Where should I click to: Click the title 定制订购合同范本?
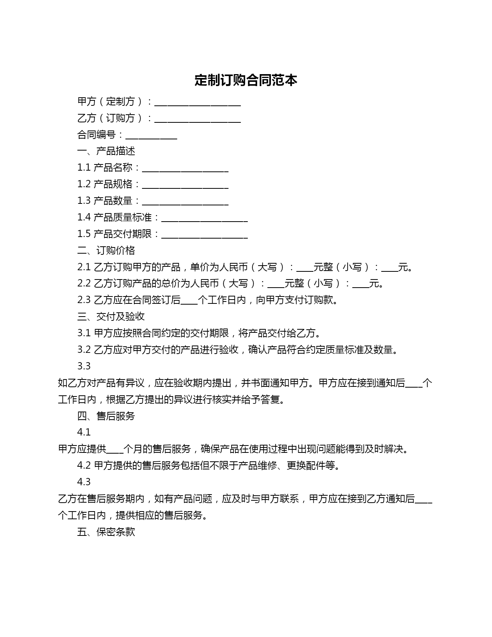tap(246, 80)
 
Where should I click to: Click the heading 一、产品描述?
tap(106, 151)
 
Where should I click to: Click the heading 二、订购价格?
tap(106, 251)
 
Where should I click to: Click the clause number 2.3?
tap(84, 300)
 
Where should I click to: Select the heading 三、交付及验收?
tap(111, 317)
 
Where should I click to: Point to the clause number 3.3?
tap(84, 366)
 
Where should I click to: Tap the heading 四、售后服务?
tap(106, 416)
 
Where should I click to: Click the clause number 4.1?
tap(84, 432)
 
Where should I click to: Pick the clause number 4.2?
tap(84, 466)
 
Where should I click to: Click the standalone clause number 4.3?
tap(84, 482)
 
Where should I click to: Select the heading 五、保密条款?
tap(106, 532)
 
